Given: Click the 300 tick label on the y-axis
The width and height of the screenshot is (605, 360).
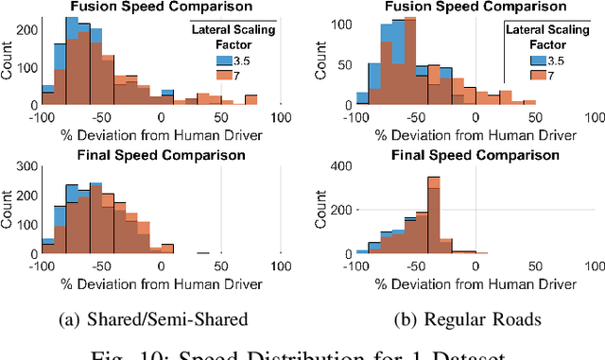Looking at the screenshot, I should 26,167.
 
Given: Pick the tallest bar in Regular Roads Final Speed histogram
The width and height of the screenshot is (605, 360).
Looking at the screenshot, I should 434,214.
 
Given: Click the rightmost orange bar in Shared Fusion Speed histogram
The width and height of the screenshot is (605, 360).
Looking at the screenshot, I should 251,100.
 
